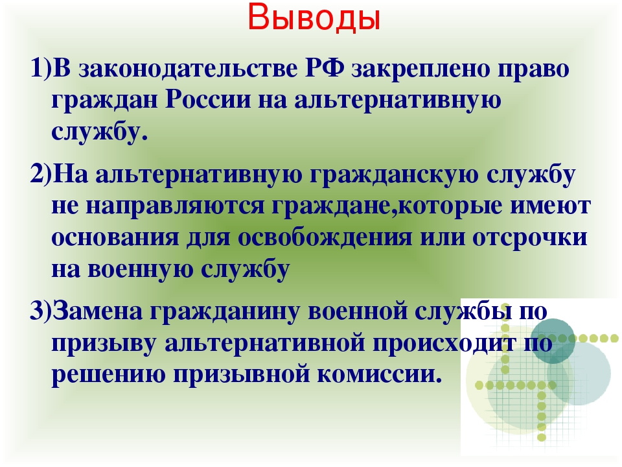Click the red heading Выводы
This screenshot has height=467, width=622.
pyautogui.click(x=314, y=18)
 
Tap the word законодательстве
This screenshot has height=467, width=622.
pyautogui.click(x=188, y=68)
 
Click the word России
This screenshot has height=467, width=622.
pyautogui.click(x=208, y=99)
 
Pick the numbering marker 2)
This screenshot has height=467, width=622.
pyautogui.click(x=41, y=174)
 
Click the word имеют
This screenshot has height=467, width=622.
pyautogui.click(x=551, y=206)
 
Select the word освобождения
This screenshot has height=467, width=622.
pyautogui.click(x=325, y=238)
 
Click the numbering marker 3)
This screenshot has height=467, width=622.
pyautogui.click(x=41, y=310)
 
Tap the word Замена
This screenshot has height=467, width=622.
pyautogui.click(x=98, y=311)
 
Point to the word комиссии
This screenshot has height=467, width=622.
pyautogui.click(x=379, y=374)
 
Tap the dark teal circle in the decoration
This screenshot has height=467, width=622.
pyautogui.click(x=553, y=341)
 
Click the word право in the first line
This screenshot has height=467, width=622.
pyautogui.click(x=533, y=69)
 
